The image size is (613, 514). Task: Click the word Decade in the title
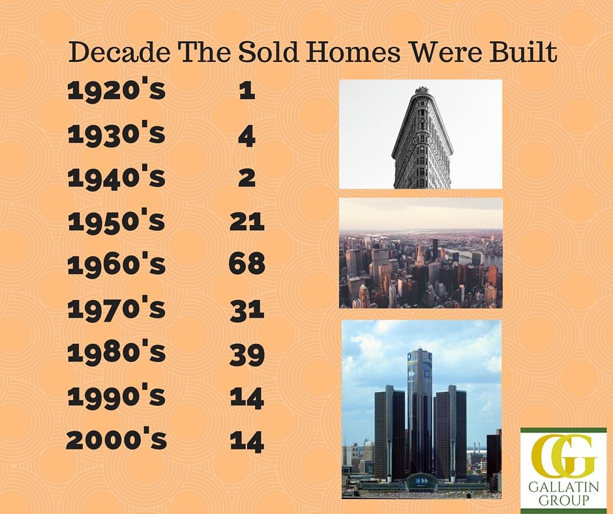pos(119,52)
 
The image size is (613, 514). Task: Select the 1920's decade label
pos(117,90)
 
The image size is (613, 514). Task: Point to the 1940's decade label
pos(117,177)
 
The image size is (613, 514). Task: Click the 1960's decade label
pos(117,264)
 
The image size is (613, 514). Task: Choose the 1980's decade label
pos(117,352)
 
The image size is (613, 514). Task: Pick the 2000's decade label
pos(117,439)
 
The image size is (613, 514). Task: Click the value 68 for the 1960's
pos(247,264)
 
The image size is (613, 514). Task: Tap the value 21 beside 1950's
pos(247,221)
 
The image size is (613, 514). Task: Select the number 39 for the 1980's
pos(247,355)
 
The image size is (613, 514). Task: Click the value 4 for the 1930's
pos(247,136)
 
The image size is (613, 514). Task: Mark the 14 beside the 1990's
pos(247,399)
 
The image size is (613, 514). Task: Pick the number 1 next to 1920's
pos(247,91)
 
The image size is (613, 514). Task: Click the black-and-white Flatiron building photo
pos(421,134)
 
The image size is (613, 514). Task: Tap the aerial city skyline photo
pos(421,253)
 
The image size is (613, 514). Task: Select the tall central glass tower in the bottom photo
pos(420,411)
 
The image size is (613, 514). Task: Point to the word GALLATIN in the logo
pos(563,487)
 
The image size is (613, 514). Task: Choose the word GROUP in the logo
pos(563,500)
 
